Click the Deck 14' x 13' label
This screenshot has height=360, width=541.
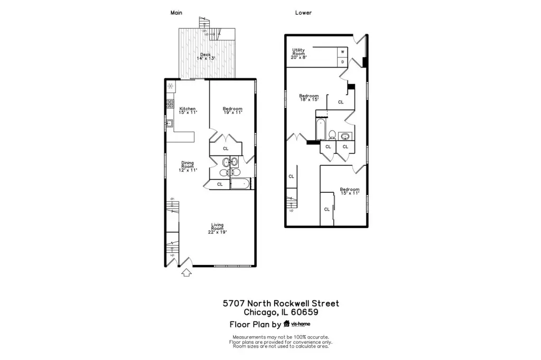pos(206,56)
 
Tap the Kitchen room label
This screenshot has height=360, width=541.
pos(188,111)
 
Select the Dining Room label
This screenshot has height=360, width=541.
pos(188,166)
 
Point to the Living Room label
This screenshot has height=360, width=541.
pos(217,228)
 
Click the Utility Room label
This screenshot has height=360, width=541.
pos(299,53)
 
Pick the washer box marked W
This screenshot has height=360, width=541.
pos(342,52)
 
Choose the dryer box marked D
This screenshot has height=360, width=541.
pos(342,62)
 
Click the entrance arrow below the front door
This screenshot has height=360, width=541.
pos(186,272)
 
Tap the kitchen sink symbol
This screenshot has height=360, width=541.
pos(169,123)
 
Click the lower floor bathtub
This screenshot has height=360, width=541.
pos(321,129)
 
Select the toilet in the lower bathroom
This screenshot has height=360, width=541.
pos(332,135)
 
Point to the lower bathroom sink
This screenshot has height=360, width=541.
pos(345,136)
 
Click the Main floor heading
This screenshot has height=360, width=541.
pos(176,13)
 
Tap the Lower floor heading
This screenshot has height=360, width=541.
pos(303,13)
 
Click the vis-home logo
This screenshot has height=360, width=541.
pos(297,324)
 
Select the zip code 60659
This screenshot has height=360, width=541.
pos(305,312)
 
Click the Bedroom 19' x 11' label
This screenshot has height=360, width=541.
pos(232,111)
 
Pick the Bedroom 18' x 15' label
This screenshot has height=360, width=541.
pos(309,98)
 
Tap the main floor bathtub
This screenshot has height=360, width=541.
pos(241,184)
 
